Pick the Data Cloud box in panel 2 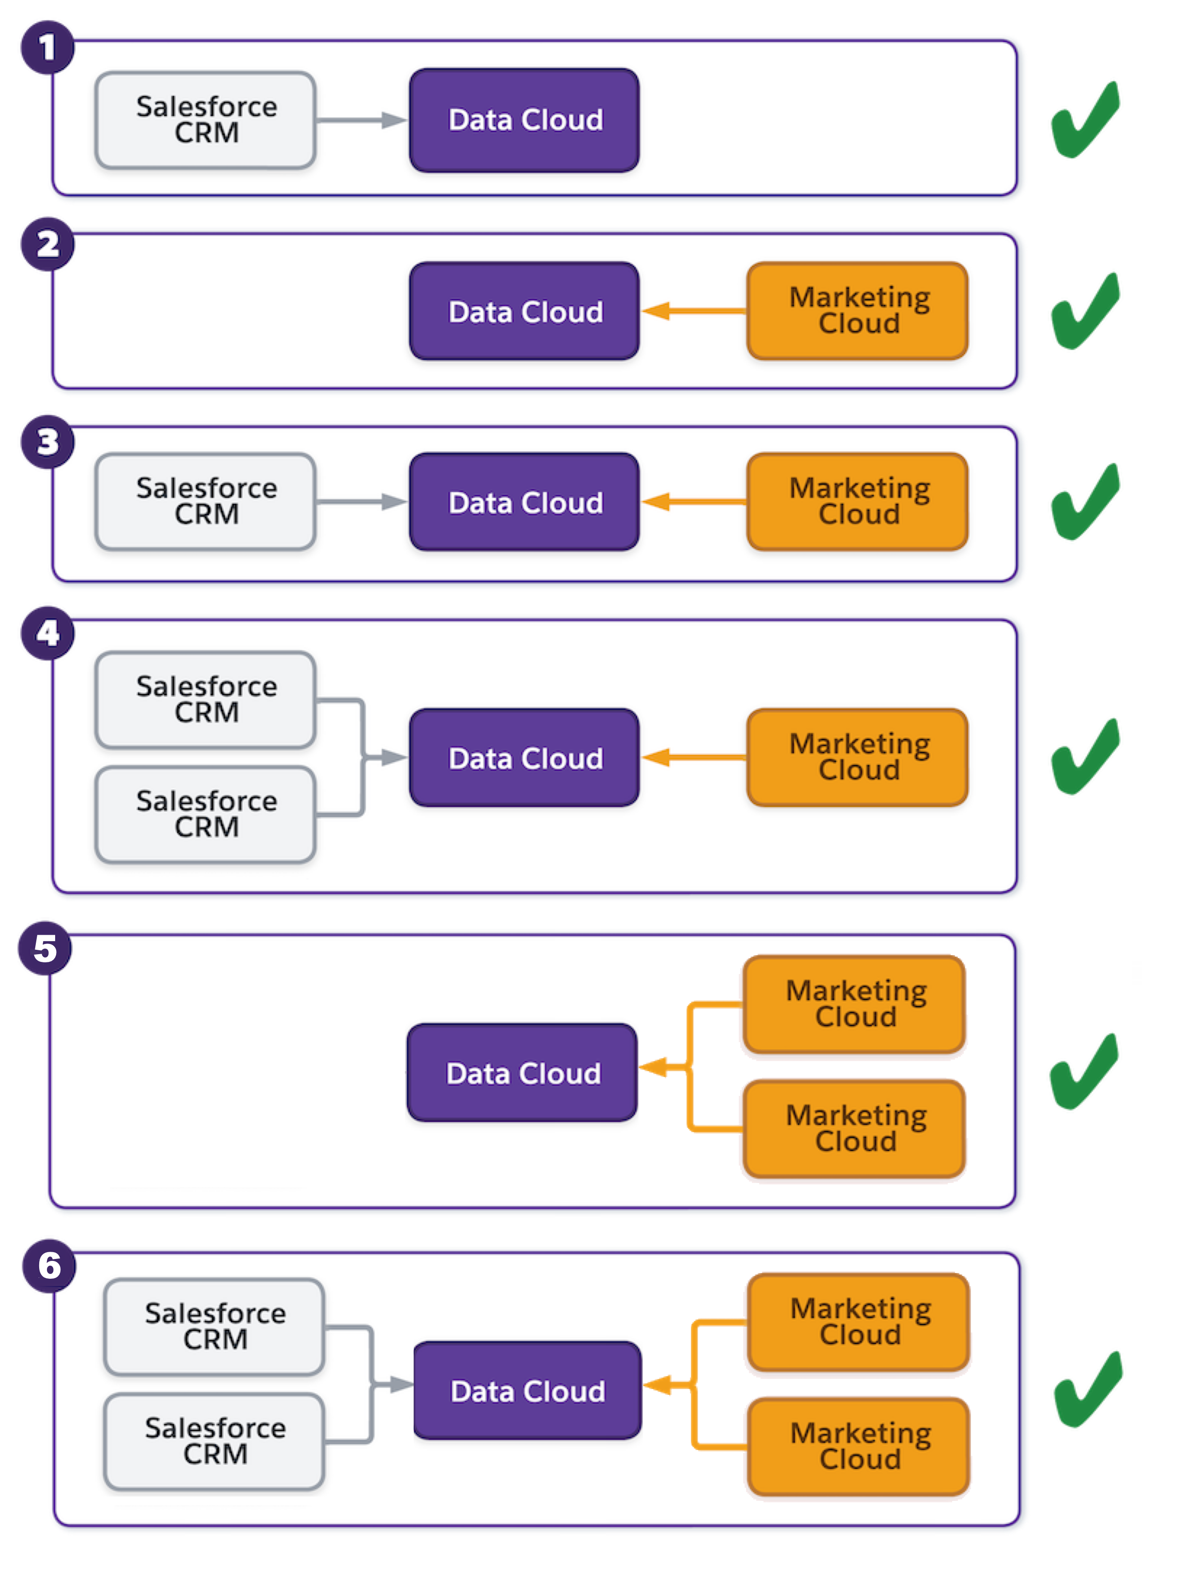524,311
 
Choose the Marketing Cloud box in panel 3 858,502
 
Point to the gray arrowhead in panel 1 393,120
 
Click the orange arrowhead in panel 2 657,311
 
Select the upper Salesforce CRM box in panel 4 206,700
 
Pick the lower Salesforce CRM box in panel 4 206,814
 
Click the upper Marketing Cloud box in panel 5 854,1004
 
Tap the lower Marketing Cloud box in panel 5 854,1128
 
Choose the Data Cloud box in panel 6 527,1391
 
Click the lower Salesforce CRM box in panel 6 214,1441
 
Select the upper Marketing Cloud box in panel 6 859,1322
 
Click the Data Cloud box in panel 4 524,758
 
